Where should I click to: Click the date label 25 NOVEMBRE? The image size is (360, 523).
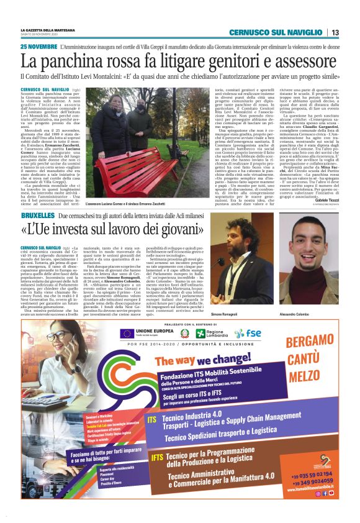point(38,47)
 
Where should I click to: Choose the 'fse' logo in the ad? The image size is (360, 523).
point(253,333)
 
